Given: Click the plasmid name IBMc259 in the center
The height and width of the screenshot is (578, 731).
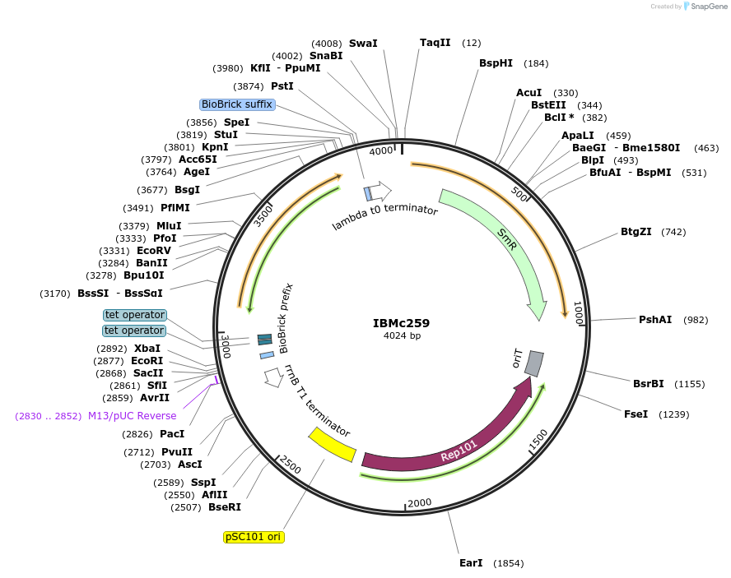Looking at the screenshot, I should point(401,323).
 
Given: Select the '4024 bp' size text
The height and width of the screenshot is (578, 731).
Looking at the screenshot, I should point(401,336).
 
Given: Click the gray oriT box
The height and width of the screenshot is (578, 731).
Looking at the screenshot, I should point(534,363).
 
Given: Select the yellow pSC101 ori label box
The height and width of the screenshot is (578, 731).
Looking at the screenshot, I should point(254,537).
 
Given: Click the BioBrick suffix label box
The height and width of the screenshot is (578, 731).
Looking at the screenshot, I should point(237,104).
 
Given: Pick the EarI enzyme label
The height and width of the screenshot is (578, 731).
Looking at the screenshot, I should point(471,563).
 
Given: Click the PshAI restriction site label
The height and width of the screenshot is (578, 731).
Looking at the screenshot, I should point(655,320).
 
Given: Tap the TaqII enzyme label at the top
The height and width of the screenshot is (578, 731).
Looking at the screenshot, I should point(435,43).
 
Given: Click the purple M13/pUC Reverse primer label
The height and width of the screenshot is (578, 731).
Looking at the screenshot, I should point(132,416).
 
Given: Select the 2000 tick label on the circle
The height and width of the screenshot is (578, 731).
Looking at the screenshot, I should point(419,503).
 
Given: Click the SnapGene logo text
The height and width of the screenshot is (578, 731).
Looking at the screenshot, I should point(709,7).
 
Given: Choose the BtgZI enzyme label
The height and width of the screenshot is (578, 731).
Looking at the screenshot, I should point(636,232).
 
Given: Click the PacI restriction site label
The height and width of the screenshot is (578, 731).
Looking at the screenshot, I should point(172,434).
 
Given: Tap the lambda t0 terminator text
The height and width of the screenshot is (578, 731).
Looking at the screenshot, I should point(384,215).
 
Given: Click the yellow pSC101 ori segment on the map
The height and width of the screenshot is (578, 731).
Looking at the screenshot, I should point(331,444).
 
